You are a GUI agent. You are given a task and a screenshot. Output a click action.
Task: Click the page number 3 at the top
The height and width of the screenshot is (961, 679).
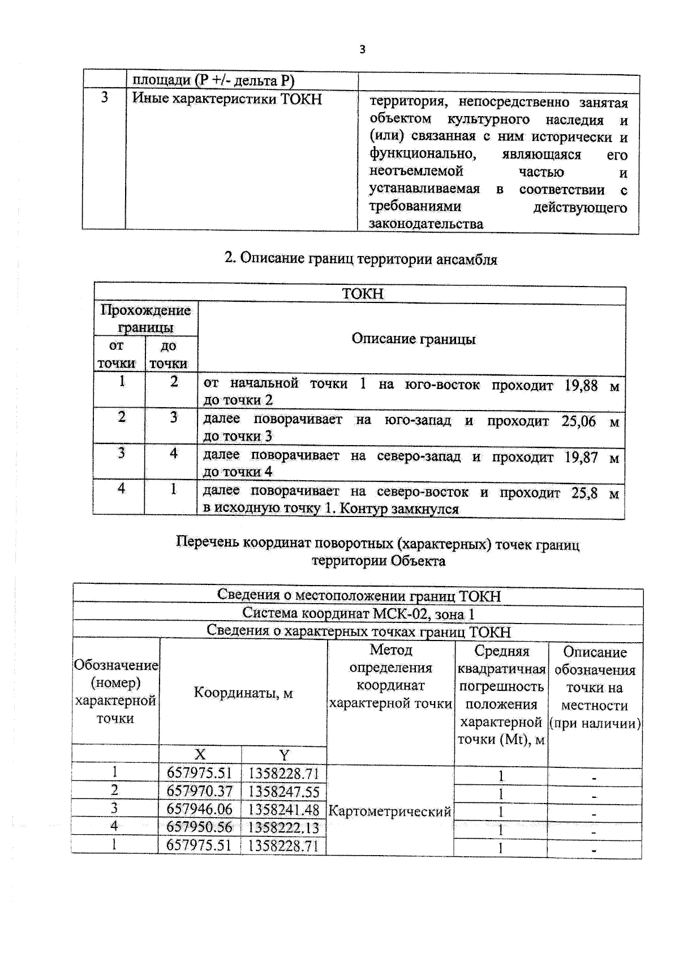pyautogui.click(x=362, y=50)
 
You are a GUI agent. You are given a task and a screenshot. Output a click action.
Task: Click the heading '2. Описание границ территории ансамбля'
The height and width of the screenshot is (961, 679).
pyautogui.click(x=361, y=259)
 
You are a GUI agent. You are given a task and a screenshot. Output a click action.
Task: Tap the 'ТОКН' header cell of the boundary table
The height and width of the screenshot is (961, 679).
pyautogui.click(x=362, y=294)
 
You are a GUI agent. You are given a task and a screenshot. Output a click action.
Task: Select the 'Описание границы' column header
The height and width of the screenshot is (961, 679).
pyautogui.click(x=413, y=339)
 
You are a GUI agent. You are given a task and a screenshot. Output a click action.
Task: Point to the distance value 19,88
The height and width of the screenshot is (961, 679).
pyautogui.click(x=581, y=386)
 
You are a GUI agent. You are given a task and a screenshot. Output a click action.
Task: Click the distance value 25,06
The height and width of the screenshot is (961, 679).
pyautogui.click(x=578, y=421)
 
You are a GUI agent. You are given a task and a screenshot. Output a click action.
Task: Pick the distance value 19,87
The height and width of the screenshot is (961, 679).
pyautogui.click(x=581, y=457)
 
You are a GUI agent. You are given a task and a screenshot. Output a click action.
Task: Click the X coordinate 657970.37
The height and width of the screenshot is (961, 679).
pyautogui.click(x=199, y=791)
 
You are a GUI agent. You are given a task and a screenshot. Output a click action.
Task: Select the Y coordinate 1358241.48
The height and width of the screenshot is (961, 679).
pyautogui.click(x=283, y=810)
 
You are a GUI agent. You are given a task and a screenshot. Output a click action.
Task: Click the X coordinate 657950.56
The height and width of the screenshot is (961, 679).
pyautogui.click(x=199, y=827)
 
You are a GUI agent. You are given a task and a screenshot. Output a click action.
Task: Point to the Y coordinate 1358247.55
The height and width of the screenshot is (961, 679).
pyautogui.click(x=283, y=791)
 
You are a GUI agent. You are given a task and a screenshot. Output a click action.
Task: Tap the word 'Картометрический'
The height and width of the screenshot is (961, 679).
pyautogui.click(x=390, y=811)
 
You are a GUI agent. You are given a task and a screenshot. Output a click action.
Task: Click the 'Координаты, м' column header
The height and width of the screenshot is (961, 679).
pyautogui.click(x=243, y=693)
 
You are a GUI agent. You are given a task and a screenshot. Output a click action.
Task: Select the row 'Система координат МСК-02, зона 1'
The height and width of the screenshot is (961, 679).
pyautogui.click(x=358, y=613)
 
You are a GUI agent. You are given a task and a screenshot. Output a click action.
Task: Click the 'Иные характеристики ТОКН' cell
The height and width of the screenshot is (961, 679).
pyautogui.click(x=227, y=99)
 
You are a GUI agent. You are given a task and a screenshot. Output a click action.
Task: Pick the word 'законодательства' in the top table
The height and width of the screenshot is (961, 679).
pyautogui.click(x=426, y=224)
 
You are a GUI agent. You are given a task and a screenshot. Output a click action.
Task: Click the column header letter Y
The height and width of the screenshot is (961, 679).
pyautogui.click(x=284, y=755)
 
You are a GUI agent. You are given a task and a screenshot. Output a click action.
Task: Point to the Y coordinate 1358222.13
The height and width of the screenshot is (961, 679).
pyautogui.click(x=283, y=827)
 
